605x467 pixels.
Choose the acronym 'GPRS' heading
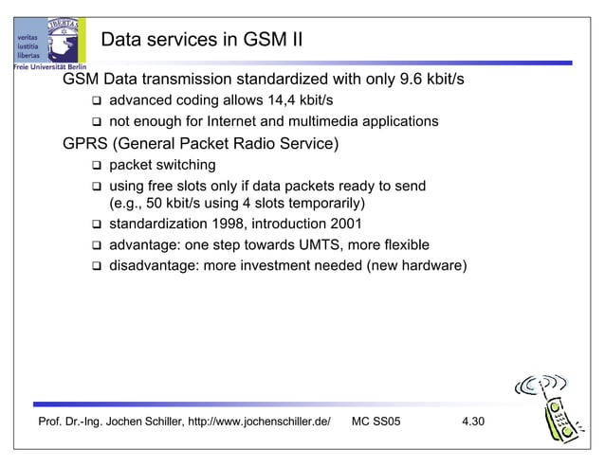pyautogui.click(x=84, y=144)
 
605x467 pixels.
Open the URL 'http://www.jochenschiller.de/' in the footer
pyautogui.click(x=259, y=422)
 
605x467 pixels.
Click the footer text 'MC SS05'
pyautogui.click(x=376, y=422)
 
